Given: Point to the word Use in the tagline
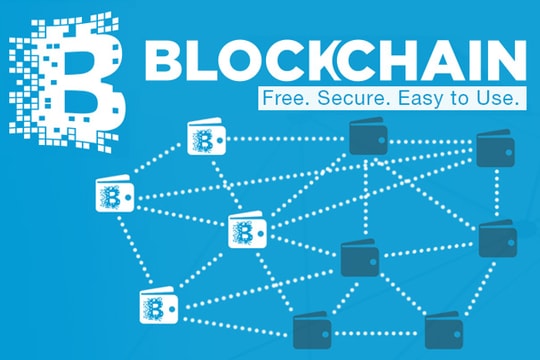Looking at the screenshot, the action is point(497,99).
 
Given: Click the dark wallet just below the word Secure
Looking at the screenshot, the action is point(363,138).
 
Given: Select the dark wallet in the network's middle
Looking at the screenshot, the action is point(359,258).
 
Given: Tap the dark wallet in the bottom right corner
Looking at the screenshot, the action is point(443,329).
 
